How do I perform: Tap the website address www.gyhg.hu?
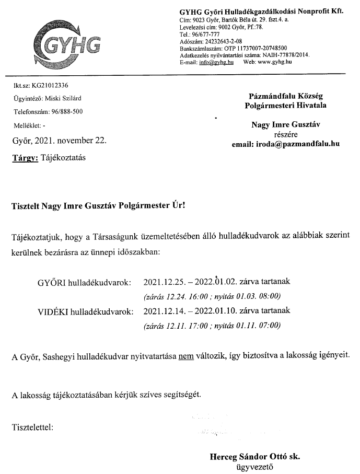tap(274, 62)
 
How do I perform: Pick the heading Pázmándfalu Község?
tap(293, 96)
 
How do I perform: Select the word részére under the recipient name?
tap(293, 134)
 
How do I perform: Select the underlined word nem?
tap(186, 357)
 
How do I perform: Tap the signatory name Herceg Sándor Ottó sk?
tap(254, 456)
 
